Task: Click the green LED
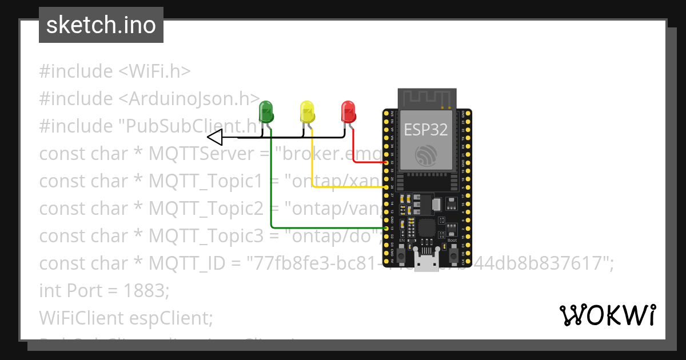tap(266, 111)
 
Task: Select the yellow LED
tap(308, 111)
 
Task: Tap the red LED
tap(348, 111)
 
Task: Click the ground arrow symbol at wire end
tap(214, 138)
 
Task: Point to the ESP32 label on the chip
tap(426, 129)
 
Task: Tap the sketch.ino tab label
tap(101, 25)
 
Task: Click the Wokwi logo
tap(607, 315)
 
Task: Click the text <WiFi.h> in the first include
tap(154, 71)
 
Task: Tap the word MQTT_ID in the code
tap(183, 263)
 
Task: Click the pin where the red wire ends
tap(387, 163)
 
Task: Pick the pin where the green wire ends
tap(387, 228)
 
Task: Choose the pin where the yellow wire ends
tap(387, 187)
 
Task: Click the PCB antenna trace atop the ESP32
tap(426, 98)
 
